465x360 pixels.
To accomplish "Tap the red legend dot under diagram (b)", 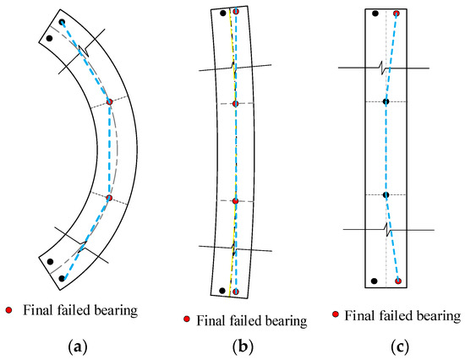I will coord(186,319).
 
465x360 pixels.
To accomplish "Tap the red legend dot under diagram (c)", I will coord(336,315).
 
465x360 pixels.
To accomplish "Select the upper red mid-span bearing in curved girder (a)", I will coord(109,102).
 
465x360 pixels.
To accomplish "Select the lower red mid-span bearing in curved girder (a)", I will coord(109,198).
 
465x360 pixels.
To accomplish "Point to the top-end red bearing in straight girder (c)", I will coord(397,14).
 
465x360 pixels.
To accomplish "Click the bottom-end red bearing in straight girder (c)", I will coord(397,281).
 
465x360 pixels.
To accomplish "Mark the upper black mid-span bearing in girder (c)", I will coord(386,101).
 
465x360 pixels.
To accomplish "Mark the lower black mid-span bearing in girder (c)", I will coord(386,194).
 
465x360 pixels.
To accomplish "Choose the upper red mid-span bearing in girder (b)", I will coord(236,103).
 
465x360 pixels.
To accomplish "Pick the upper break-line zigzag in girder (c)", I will coord(386,67).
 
